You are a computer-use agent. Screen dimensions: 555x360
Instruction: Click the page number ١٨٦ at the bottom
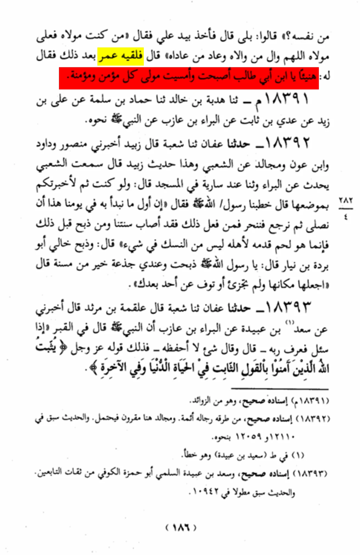tap(181, 527)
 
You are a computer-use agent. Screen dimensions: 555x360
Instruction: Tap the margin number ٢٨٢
tap(346, 200)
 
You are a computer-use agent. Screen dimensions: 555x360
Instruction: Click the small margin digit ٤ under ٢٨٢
tap(346, 217)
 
